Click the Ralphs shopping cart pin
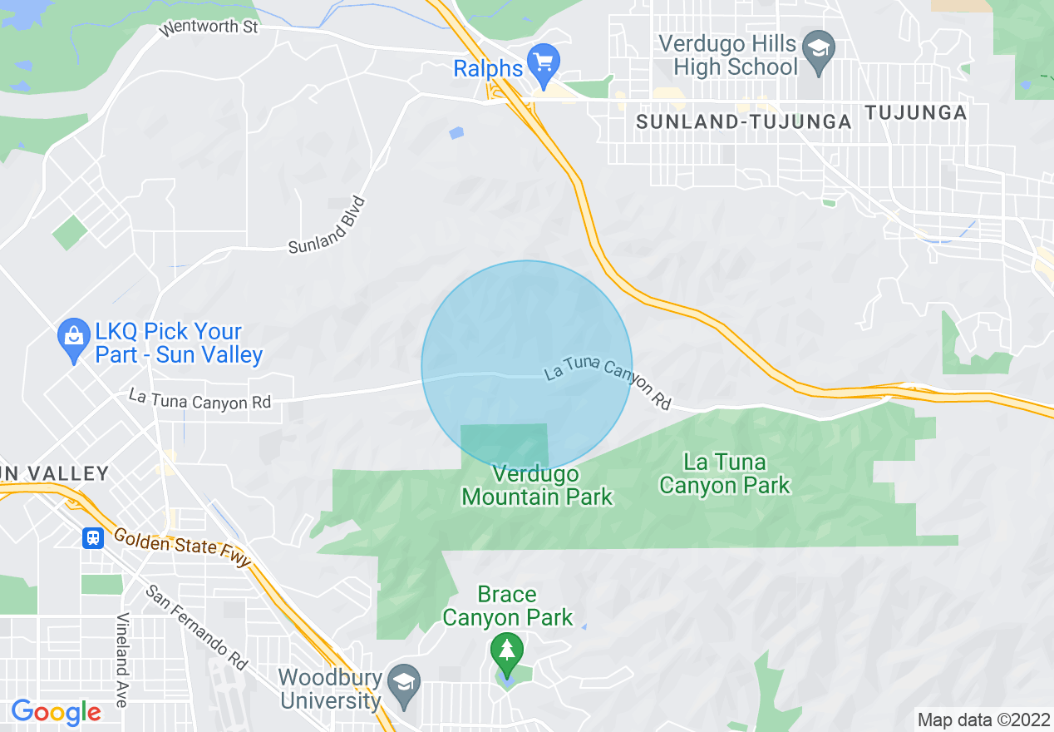544,63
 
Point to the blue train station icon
93,538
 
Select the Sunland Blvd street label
328,225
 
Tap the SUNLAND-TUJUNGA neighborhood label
744,122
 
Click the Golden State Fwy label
182,548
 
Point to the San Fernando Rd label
197,627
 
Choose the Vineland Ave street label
122,660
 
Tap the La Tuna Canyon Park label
724,473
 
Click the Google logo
56,713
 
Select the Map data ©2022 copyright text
983,720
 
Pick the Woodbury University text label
331,690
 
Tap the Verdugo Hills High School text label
727,56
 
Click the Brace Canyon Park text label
507,606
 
